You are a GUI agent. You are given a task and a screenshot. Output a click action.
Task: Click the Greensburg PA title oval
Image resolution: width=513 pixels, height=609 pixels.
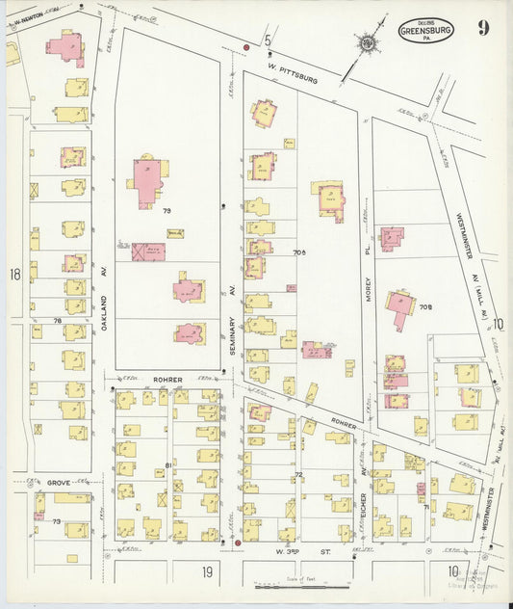pos(424,30)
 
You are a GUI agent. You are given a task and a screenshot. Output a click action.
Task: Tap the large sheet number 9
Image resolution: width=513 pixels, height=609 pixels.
pos(483,27)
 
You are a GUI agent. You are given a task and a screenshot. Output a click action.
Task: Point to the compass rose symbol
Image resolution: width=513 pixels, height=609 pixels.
pos(367,43)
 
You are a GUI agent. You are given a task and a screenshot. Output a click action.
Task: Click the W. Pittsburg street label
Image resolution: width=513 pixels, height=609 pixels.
pos(295,74)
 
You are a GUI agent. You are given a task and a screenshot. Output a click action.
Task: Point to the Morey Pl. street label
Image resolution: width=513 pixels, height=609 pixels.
pos(367,287)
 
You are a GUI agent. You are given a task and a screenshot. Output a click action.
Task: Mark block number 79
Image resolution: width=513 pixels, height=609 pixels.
pos(166,210)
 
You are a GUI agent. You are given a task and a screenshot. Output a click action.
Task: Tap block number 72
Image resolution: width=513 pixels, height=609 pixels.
pos(298,475)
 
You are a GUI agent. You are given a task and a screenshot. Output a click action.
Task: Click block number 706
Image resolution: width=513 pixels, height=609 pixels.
pos(298,252)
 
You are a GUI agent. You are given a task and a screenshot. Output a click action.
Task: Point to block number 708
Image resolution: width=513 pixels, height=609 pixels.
pos(425,307)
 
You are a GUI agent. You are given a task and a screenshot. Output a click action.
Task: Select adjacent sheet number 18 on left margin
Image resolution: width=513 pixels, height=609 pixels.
pos(14,275)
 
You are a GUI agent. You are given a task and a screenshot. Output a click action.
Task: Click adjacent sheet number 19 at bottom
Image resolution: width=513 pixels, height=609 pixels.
pos(206,572)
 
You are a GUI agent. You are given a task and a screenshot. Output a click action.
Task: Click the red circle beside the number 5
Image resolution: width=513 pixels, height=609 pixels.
pos(246,46)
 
